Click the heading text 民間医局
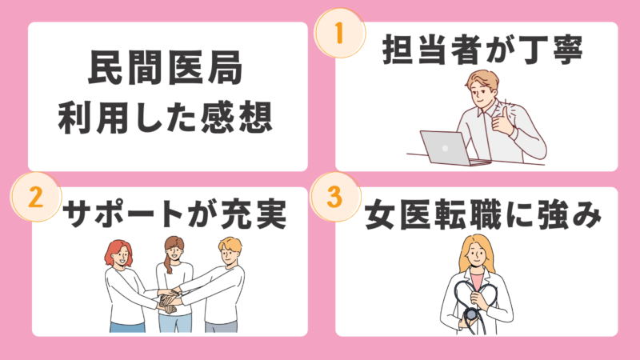click(166, 67)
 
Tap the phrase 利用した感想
click(166, 118)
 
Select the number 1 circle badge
click(339, 33)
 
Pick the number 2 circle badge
click(36, 197)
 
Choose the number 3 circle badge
click(335, 197)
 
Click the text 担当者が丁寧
click(482, 50)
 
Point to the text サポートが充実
click(174, 214)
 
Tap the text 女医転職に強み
click(483, 214)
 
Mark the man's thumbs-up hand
click(503, 121)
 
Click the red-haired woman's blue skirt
click(127, 327)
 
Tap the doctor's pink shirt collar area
click(476, 278)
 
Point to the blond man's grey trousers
click(221, 327)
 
